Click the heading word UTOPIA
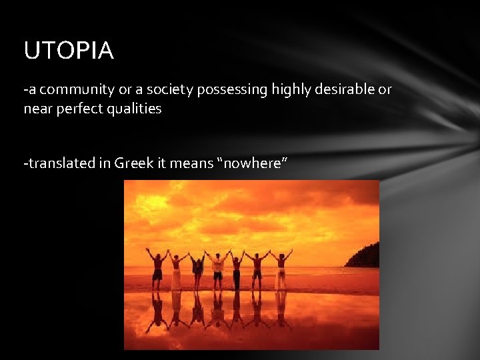[69, 51]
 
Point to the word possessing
[230, 90]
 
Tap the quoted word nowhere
[251, 163]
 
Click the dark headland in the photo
[364, 256]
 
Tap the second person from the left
[177, 269]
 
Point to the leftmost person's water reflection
[157, 311]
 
